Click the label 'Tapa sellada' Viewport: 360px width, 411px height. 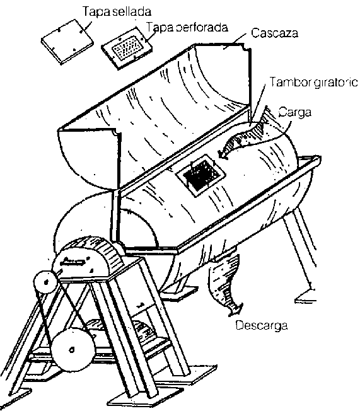(x=117, y=11)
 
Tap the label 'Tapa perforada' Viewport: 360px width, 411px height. (x=187, y=27)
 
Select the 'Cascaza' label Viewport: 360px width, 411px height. (x=274, y=33)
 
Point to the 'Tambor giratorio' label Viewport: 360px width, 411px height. (x=313, y=82)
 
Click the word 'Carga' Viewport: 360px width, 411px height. (x=295, y=112)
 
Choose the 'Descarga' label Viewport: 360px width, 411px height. (x=262, y=325)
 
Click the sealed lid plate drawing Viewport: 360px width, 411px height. (x=67, y=42)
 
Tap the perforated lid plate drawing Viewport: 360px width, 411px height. (x=127, y=48)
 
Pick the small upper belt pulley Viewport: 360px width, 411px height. (x=45, y=282)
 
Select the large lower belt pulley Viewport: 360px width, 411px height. (x=72, y=350)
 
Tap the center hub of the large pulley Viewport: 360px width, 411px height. (x=72, y=350)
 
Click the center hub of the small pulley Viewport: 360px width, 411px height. (x=46, y=282)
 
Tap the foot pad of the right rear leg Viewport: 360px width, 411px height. (x=305, y=296)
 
